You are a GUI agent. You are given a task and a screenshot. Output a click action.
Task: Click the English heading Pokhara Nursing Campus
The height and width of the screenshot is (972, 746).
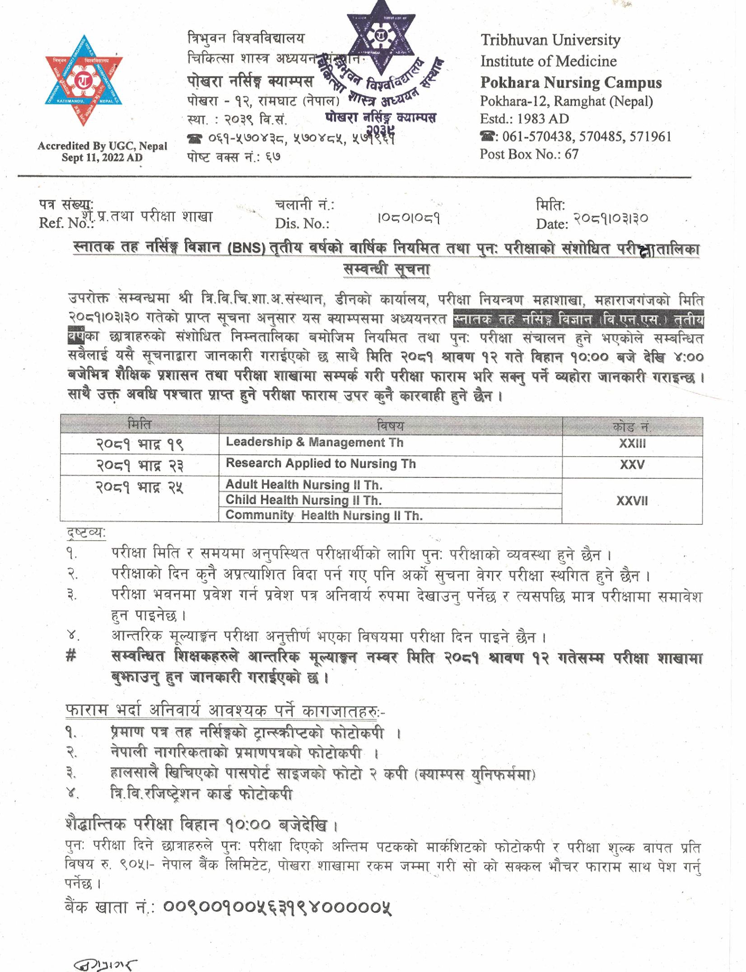tap(571, 83)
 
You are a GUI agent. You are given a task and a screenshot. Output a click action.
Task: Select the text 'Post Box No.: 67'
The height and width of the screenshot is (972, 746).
tap(529, 154)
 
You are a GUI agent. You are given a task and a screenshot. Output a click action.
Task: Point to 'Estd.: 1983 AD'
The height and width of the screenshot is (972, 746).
tap(524, 119)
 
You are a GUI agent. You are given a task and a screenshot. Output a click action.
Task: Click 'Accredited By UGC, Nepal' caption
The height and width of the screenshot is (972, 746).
tap(103, 146)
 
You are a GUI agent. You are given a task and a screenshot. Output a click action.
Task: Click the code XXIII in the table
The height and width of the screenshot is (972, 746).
tap(632, 444)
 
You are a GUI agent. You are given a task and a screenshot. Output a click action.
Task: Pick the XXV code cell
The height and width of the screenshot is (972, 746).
tap(632, 465)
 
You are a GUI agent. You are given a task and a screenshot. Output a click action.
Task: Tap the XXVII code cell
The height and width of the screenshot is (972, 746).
tap(632, 501)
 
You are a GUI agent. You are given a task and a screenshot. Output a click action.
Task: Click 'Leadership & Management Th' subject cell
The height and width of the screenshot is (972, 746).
tap(314, 442)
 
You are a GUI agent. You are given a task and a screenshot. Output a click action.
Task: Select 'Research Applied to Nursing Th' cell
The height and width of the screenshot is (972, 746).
tap(321, 463)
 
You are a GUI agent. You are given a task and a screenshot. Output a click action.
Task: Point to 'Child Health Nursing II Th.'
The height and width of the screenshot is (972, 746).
tap(303, 500)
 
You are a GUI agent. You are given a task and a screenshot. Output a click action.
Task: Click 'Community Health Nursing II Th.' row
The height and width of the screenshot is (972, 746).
tap(324, 515)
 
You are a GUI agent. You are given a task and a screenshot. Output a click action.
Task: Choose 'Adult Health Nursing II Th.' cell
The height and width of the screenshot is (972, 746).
tap(304, 485)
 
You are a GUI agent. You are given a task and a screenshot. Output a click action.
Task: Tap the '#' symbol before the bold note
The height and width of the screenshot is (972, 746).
tap(71, 657)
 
